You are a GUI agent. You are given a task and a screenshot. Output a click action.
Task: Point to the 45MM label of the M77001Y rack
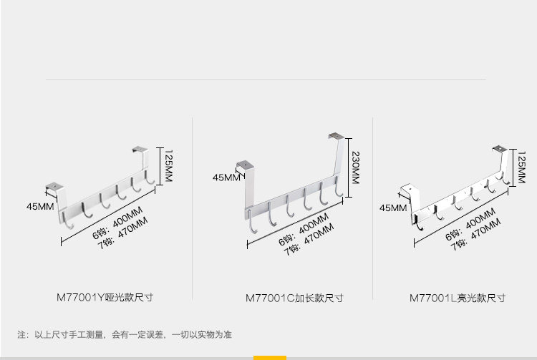coord(40,208)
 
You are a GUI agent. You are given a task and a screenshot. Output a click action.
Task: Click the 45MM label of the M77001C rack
coord(227,177)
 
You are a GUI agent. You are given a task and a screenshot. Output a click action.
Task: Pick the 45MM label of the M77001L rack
coord(392,208)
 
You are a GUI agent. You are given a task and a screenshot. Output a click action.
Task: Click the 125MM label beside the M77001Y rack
coord(168,166)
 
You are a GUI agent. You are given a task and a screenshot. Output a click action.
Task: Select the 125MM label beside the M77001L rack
coord(521,168)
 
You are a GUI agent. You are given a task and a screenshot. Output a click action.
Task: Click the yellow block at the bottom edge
coord(269,357)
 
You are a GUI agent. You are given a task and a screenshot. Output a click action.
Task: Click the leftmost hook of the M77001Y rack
coord(70,222)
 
